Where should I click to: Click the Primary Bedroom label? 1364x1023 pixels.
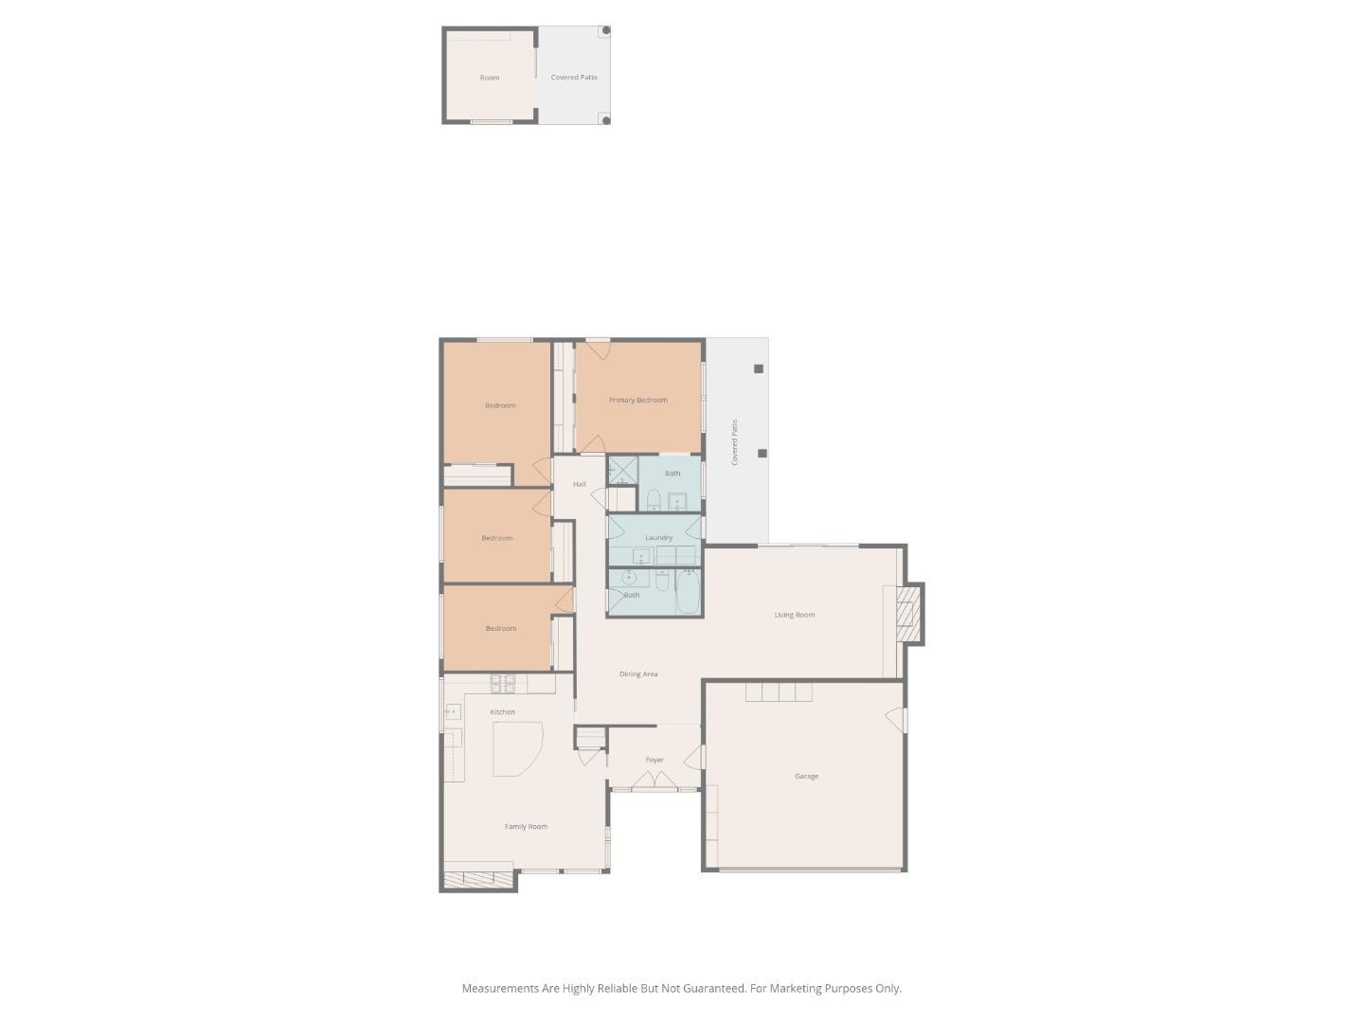click(637, 400)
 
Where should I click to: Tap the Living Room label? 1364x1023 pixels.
click(794, 615)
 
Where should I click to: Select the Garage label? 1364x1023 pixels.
click(806, 776)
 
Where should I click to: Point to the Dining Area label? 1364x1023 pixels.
click(637, 674)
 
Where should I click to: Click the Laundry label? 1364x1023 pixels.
click(658, 538)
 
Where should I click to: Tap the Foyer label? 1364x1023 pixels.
click(655, 760)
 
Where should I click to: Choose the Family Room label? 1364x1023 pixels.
click(526, 827)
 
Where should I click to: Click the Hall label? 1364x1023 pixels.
click(579, 484)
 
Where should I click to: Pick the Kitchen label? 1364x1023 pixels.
click(502, 712)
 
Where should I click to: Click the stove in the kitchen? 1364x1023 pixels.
click(502, 683)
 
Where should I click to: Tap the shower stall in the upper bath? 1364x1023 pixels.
click(622, 471)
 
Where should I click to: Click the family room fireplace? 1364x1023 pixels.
click(478, 880)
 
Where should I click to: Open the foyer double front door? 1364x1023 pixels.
click(655, 782)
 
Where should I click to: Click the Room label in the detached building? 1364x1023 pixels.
click(489, 78)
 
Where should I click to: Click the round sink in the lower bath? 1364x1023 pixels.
click(628, 577)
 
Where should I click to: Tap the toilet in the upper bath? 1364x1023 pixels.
click(654, 499)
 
